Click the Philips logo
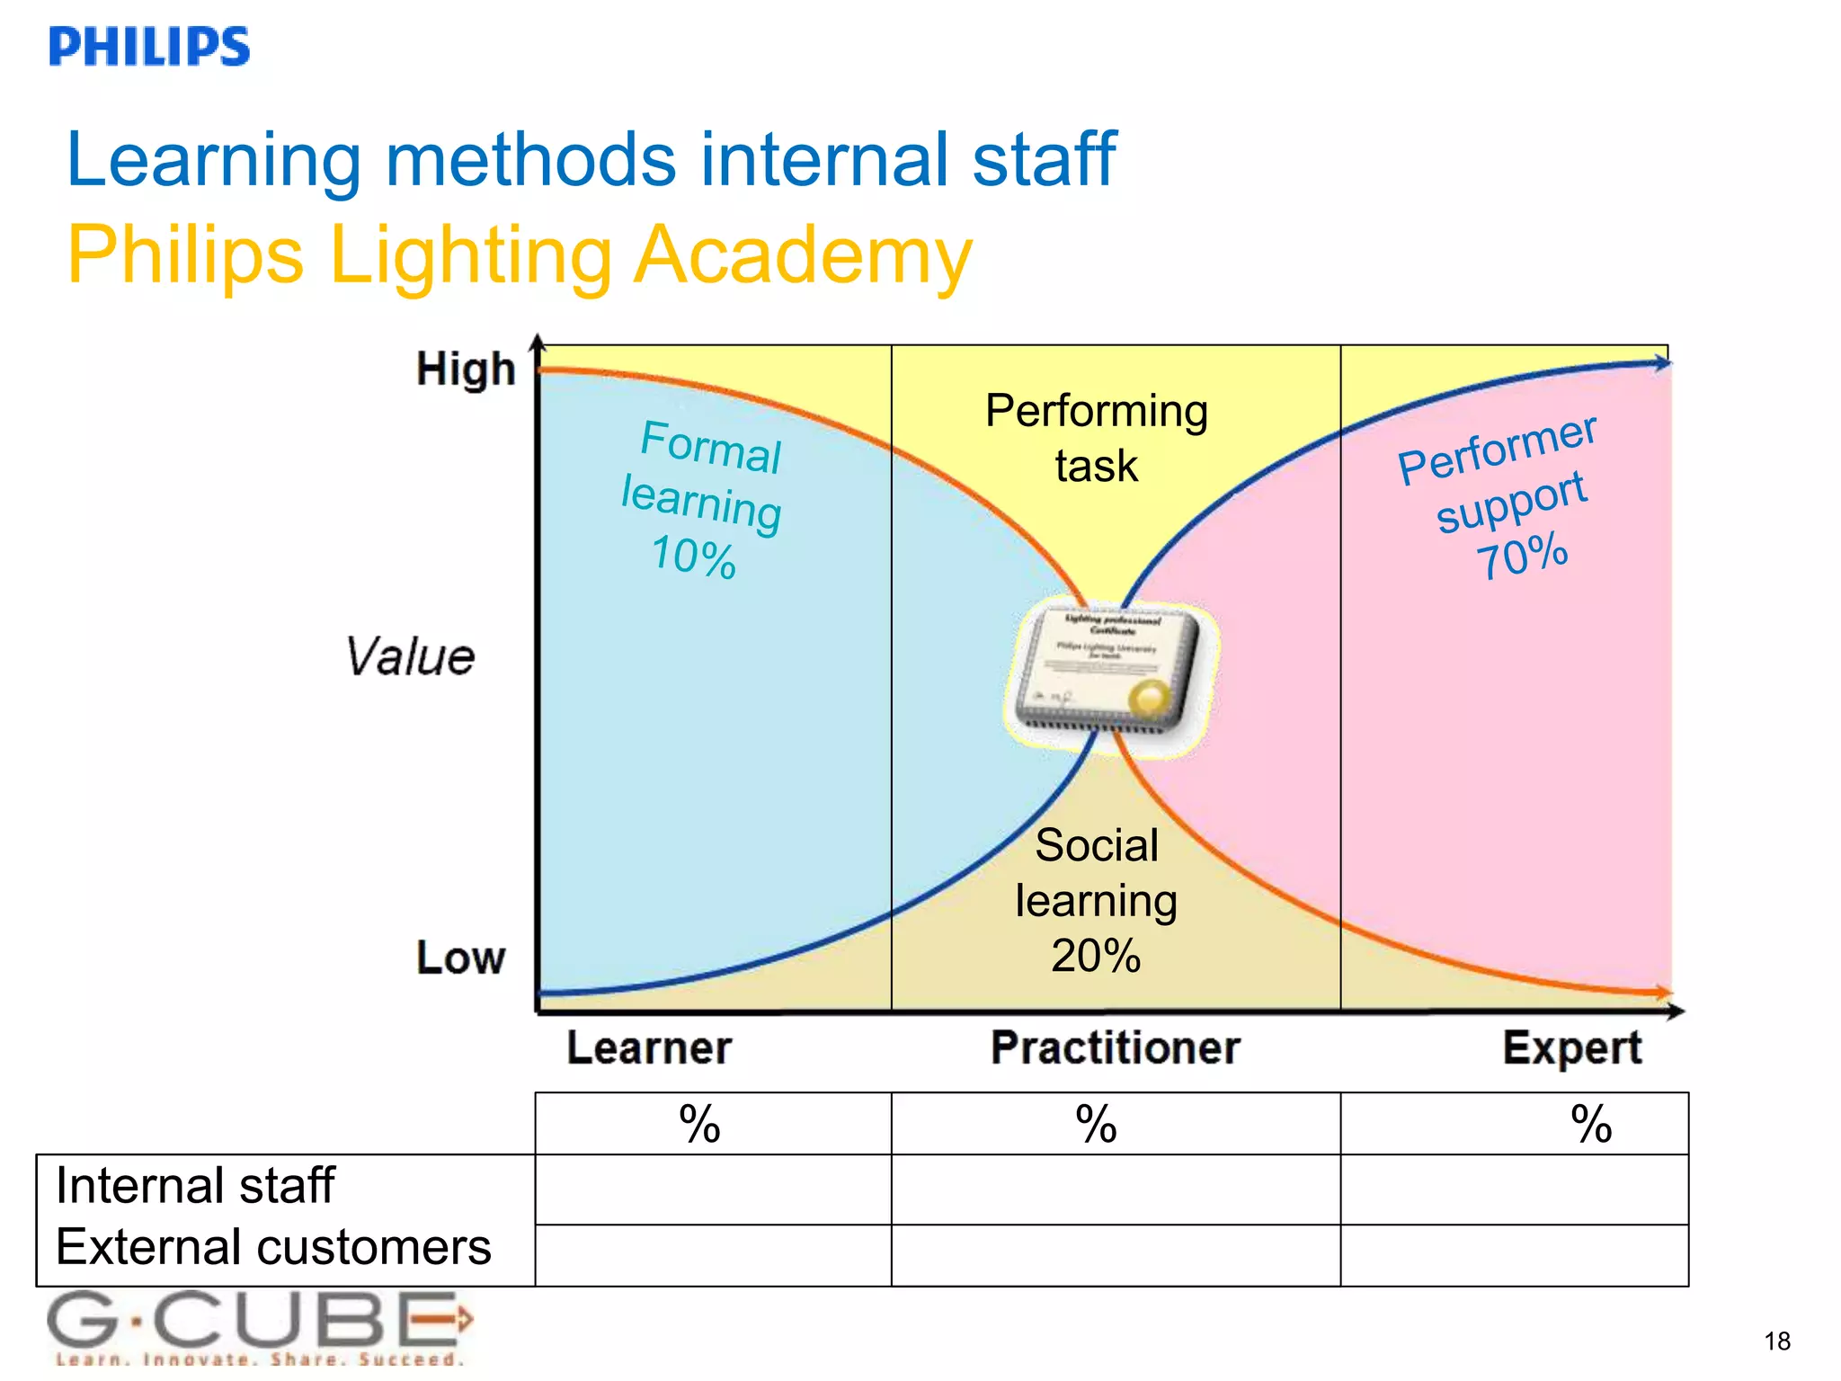pos(149,47)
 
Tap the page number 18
pos(1776,1341)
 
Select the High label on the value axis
pos(466,370)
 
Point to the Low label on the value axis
pos(460,958)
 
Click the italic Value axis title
pos(410,656)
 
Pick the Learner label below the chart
pos(649,1048)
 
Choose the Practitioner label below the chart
pos(1115,1048)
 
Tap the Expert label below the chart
pos(1571,1048)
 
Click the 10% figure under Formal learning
pos(693,557)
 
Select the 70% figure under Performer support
pos(1522,556)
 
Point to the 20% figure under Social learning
pos(1096,956)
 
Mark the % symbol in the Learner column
pos(699,1124)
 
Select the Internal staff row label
pos(195,1185)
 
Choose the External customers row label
pos(273,1247)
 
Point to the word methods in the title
pos(530,160)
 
